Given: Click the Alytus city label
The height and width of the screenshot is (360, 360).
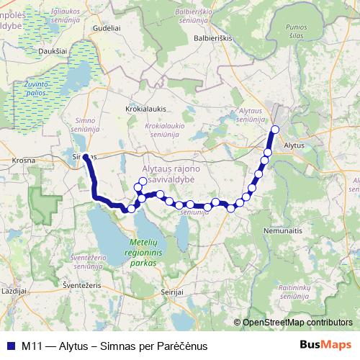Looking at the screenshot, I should pyautogui.click(x=295, y=145).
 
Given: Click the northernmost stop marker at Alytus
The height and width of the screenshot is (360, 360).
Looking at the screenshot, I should pyautogui.click(x=274, y=130).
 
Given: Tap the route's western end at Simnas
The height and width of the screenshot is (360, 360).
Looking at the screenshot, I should pyautogui.click(x=85, y=156).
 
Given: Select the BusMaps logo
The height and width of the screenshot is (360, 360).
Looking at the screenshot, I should pyautogui.click(x=326, y=345).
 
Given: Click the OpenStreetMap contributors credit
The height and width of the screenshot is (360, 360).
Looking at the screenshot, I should pyautogui.click(x=297, y=323).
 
